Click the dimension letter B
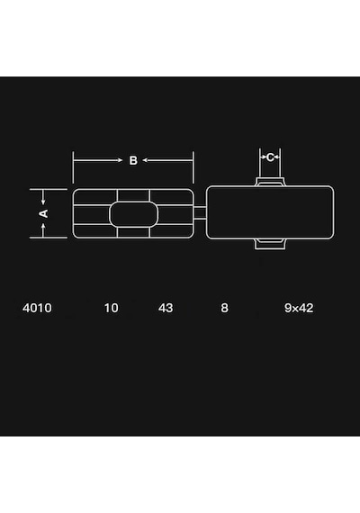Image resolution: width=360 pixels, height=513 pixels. [133, 160]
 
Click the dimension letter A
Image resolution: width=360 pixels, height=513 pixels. [43, 213]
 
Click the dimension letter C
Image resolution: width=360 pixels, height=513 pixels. [270, 157]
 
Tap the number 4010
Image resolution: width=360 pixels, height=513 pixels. [37, 308]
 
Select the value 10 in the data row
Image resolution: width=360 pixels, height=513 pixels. [112, 308]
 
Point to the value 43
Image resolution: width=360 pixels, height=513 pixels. [166, 308]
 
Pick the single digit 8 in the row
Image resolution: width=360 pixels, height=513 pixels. [224, 308]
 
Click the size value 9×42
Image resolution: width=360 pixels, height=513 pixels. [299, 308]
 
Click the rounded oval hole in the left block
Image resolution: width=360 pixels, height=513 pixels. [133, 214]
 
